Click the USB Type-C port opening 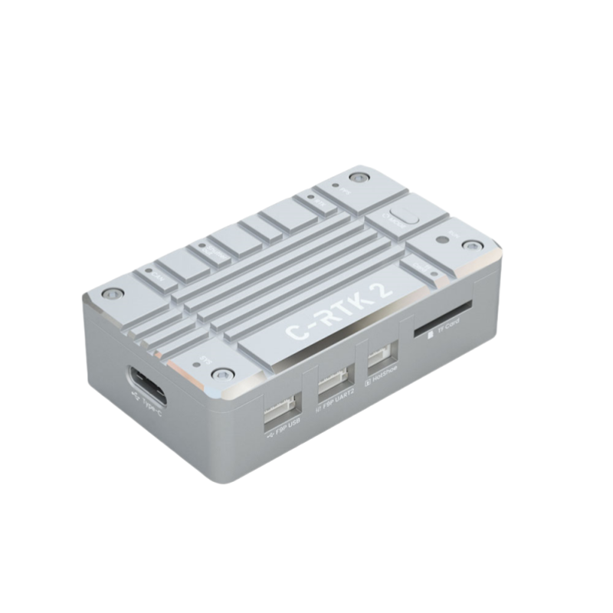click(x=146, y=386)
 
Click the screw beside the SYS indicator click(x=222, y=373)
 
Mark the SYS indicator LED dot click(x=200, y=365)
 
